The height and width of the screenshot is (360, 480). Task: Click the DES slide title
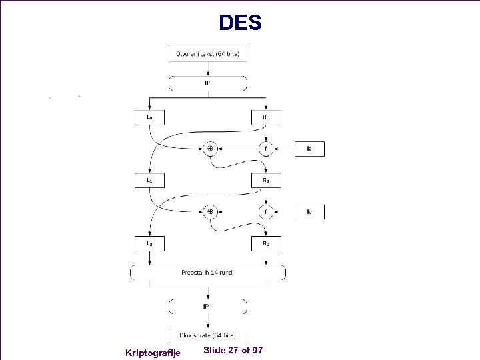point(240,23)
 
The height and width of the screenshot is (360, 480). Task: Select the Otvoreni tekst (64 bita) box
point(207,53)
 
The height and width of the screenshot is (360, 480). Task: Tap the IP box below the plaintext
point(207,83)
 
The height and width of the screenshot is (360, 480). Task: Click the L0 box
point(149,117)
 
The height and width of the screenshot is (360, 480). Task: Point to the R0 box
point(266,117)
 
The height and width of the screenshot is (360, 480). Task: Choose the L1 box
point(149,180)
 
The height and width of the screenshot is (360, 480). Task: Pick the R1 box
point(266,180)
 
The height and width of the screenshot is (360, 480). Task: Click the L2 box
point(149,243)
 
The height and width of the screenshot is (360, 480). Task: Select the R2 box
point(266,243)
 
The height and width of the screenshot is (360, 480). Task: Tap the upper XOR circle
point(209,149)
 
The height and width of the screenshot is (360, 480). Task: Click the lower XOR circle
point(209,212)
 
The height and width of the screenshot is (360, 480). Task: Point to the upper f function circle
point(266,149)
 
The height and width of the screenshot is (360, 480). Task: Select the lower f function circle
point(266,212)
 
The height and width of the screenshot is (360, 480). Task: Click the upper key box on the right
point(310,149)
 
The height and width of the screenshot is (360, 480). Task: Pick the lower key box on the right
point(310,212)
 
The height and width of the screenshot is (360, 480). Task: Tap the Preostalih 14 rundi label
point(207,273)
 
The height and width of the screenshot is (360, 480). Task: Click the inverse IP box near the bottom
point(207,306)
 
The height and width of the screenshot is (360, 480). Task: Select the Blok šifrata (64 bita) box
point(207,335)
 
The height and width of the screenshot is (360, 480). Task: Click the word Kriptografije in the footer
point(153,352)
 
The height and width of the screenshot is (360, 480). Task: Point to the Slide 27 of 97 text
point(233,350)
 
